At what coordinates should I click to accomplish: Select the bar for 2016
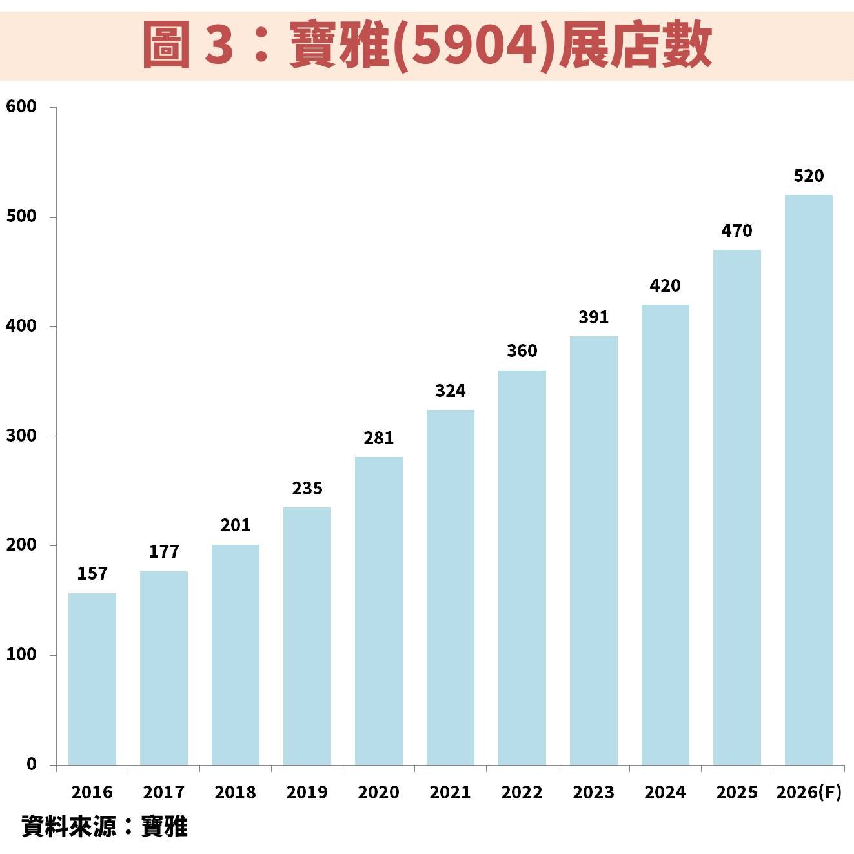[92, 678]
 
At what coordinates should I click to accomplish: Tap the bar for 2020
[379, 611]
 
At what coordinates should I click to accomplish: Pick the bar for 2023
[594, 550]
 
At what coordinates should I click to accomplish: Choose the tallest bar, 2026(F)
[808, 480]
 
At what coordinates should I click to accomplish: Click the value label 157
[92, 574]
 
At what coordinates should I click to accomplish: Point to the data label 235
[307, 489]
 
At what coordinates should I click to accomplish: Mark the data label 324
[451, 391]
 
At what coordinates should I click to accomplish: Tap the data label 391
[594, 318]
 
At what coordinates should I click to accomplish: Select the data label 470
[737, 231]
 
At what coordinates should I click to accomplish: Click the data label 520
[808, 176]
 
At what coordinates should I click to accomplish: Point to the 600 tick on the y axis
[22, 107]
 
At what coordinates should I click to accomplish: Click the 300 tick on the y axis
[22, 436]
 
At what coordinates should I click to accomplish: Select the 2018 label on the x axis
[236, 793]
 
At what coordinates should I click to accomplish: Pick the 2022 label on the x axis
[522, 793]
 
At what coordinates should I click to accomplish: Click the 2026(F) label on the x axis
[809, 793]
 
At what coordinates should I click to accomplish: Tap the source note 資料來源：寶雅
[105, 827]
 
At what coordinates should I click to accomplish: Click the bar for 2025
[737, 507]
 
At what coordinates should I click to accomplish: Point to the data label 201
[236, 525]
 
